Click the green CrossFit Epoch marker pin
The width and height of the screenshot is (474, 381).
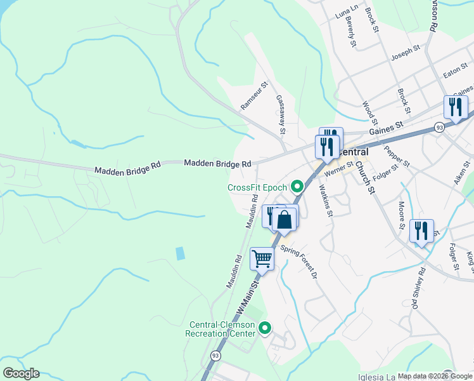(x=297, y=187)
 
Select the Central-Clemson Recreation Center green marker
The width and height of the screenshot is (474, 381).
(x=265, y=328)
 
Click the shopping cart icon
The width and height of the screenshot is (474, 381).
(x=262, y=258)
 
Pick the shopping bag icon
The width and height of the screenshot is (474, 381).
(x=285, y=220)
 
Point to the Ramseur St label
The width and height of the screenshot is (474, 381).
(x=255, y=95)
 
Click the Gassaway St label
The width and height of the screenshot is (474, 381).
(x=281, y=115)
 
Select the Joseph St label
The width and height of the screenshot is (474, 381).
(x=406, y=51)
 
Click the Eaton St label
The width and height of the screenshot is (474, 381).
(x=455, y=72)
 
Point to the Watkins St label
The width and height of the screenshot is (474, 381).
(x=326, y=200)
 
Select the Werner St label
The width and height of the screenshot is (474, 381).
(x=338, y=170)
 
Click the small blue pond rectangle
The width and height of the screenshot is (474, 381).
(x=181, y=253)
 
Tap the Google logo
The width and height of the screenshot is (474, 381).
(x=21, y=373)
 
